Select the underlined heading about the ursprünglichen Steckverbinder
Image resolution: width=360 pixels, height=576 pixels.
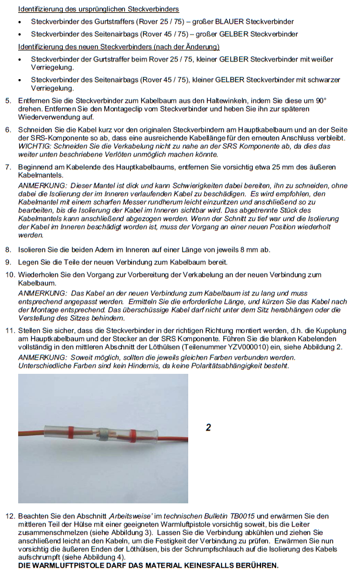coord(99,9)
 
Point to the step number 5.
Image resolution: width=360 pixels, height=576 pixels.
coord(9,101)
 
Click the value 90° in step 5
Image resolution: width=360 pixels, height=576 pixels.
coord(320,101)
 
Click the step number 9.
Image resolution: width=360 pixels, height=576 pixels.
coord(9,261)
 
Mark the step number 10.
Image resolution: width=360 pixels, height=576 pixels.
coord(10,275)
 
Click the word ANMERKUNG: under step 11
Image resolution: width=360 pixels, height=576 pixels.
coord(43,357)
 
